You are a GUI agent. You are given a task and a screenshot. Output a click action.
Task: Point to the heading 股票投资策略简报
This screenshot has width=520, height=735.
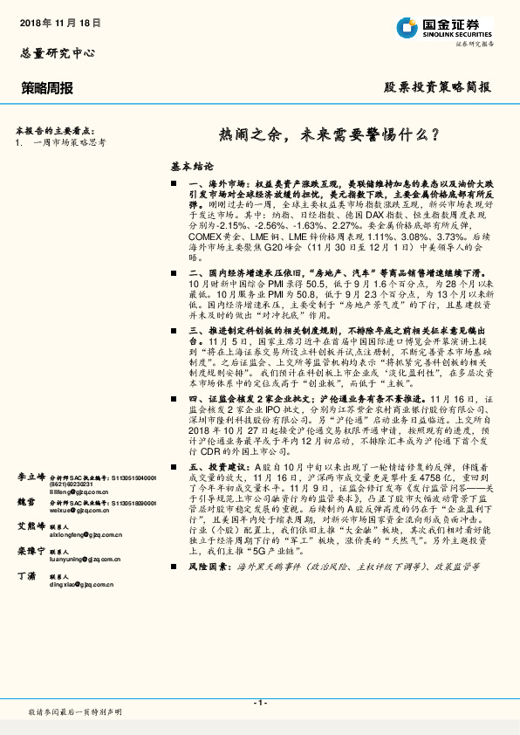click(437, 87)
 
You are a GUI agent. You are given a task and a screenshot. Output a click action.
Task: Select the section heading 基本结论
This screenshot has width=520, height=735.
click(191, 165)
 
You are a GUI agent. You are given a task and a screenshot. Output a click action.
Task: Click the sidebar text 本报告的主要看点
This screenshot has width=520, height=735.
click(54, 129)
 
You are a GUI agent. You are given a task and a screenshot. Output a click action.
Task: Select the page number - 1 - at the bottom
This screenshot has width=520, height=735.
click(259, 703)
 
